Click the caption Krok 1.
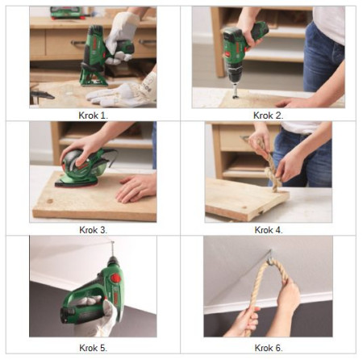pyautogui.click(x=94, y=115)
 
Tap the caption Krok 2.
pyautogui.click(x=268, y=115)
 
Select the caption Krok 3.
pyautogui.click(x=94, y=230)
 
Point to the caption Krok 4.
pyautogui.click(x=269, y=230)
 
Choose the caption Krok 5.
pyautogui.click(x=94, y=348)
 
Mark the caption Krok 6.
pyautogui.click(x=269, y=348)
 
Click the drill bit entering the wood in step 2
pyautogui.click(x=236, y=90)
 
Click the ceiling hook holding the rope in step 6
pyautogui.click(x=270, y=257)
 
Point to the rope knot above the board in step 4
pyautogui.click(x=272, y=172)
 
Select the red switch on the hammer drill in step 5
pyautogui.click(x=115, y=278)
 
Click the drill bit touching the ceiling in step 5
pyautogui.click(x=112, y=249)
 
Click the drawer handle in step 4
pyautogui.click(x=245, y=139)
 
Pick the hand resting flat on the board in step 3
pyautogui.click(x=136, y=188)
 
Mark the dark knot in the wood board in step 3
pyautogui.click(x=50, y=201)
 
